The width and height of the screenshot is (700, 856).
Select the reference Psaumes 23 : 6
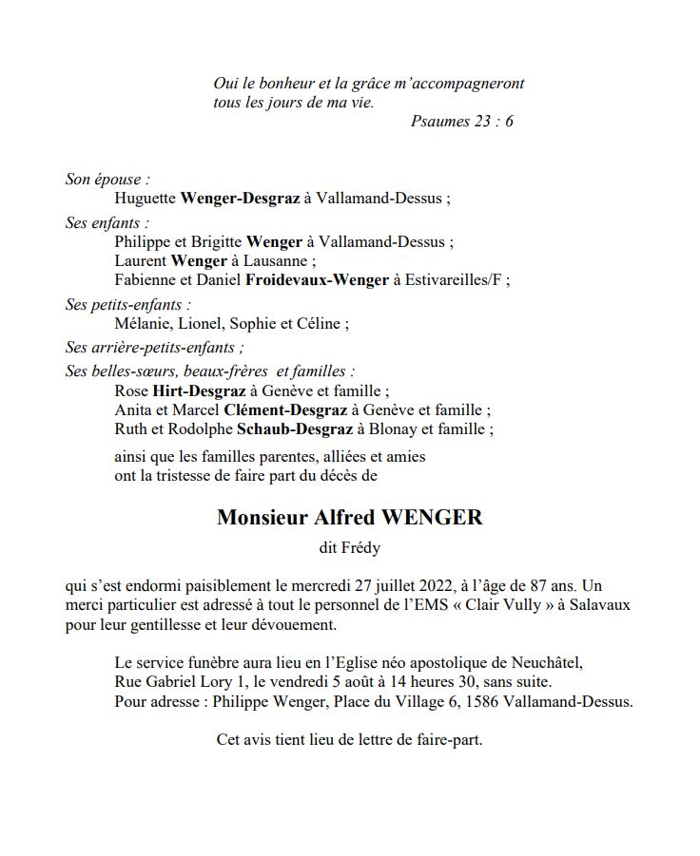(x=462, y=122)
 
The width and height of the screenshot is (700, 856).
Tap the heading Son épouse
(x=107, y=179)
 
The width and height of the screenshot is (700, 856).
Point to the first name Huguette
(x=145, y=199)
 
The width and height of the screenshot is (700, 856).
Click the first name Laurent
(x=141, y=260)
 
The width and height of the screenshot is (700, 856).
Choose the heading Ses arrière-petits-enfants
(x=152, y=348)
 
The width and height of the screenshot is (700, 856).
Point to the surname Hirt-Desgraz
(x=199, y=390)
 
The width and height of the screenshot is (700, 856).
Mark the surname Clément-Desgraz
(x=285, y=409)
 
